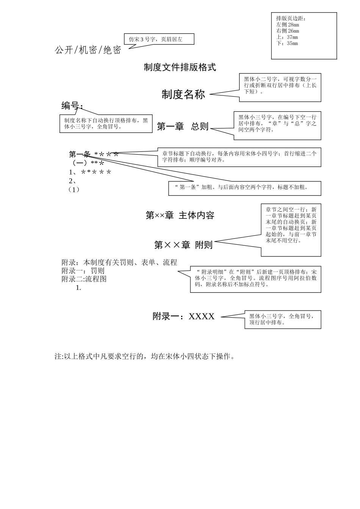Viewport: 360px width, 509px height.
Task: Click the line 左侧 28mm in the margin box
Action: pos(288,25)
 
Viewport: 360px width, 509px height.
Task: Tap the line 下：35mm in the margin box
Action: pos(287,43)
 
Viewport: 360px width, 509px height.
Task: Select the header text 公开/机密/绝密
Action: pos(88,50)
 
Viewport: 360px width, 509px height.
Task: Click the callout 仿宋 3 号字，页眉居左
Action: pos(159,39)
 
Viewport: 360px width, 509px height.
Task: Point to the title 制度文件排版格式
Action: pos(180,67)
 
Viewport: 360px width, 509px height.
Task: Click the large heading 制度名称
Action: pos(183,94)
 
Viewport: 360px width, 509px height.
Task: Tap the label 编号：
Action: pos(72,106)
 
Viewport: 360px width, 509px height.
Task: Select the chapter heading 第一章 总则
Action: pos(183,126)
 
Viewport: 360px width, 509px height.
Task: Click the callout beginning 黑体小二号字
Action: pos(280,87)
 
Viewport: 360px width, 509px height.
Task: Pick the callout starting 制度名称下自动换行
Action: pos(106,123)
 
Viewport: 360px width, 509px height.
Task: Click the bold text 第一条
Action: pos(80,154)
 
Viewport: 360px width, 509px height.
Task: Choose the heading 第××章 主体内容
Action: pos(180,215)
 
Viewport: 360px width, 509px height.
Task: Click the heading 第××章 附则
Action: pos(183,245)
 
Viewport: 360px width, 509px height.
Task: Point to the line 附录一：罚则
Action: pos(83,271)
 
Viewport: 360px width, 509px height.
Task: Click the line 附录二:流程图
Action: pos(84,279)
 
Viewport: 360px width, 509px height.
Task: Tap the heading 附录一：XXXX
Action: pos(184,316)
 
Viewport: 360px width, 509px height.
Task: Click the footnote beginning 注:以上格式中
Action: pos(145,356)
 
